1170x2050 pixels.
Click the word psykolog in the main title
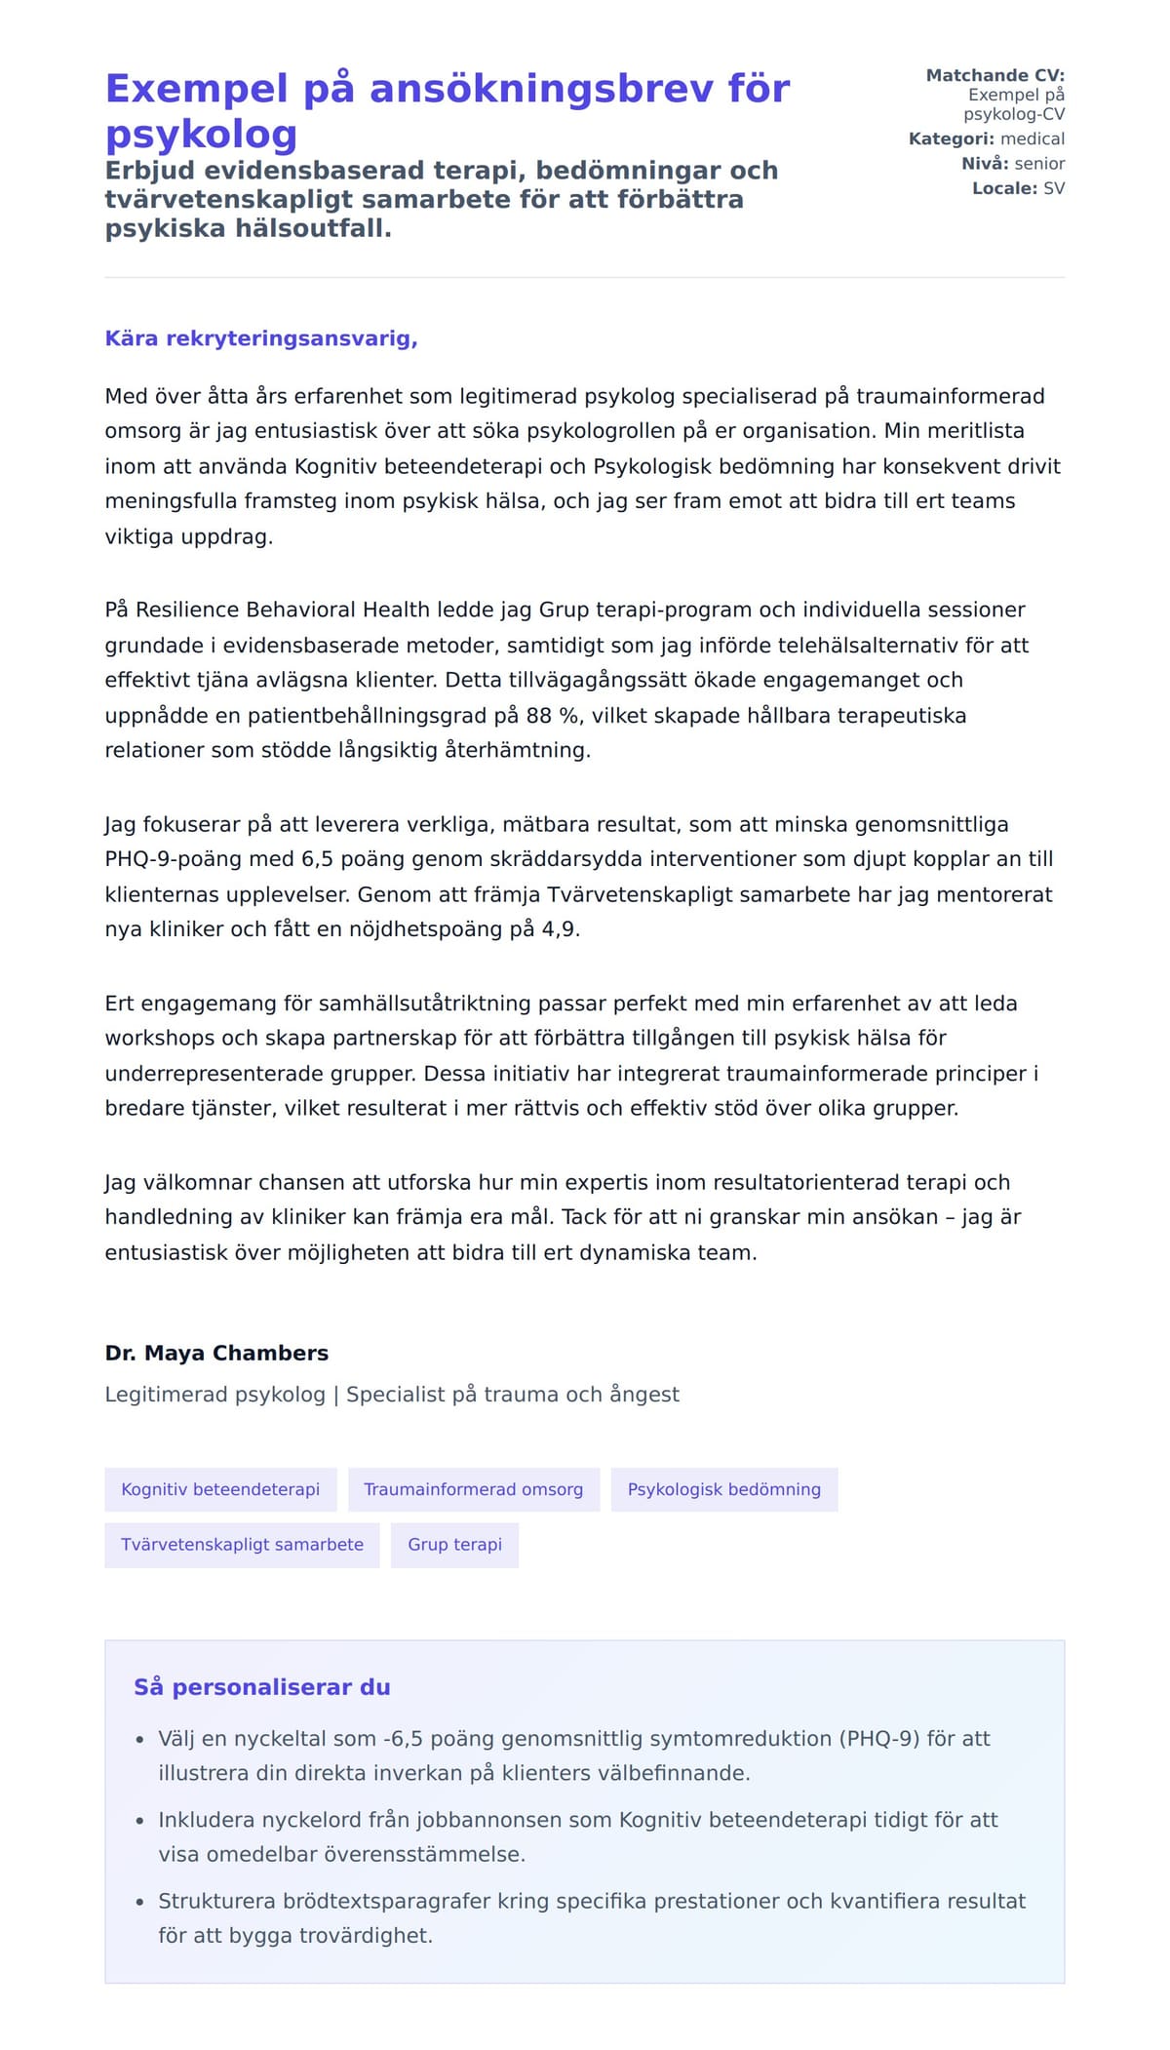(x=201, y=135)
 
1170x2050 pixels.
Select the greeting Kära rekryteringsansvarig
(x=261, y=338)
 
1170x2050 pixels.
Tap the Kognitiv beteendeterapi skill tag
(x=220, y=1489)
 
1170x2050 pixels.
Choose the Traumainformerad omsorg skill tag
(x=473, y=1489)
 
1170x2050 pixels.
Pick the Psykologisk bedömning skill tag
(x=723, y=1489)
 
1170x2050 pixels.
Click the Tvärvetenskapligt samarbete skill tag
(x=242, y=1544)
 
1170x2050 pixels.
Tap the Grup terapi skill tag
(x=454, y=1544)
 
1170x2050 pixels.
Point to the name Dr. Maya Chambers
(x=216, y=1353)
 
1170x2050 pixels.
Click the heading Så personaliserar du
(x=261, y=1686)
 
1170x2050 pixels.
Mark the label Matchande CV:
(x=994, y=75)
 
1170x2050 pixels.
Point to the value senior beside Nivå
(x=1039, y=163)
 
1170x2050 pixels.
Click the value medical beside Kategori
(x=1033, y=138)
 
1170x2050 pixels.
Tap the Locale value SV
(x=1054, y=188)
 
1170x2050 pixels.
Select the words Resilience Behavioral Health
(x=283, y=610)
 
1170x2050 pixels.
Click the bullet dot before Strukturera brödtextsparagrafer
(x=139, y=1902)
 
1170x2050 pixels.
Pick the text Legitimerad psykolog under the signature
(x=214, y=1394)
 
